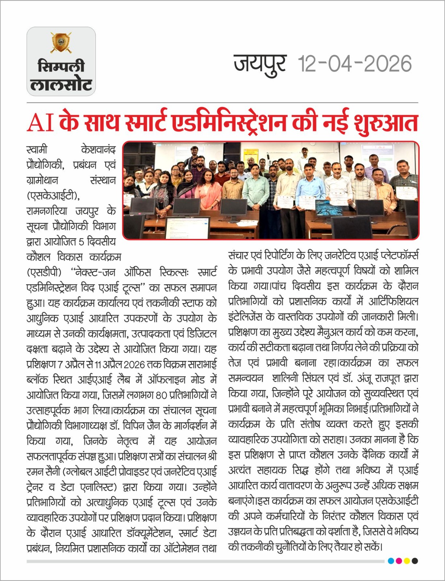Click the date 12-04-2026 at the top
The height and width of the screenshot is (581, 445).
click(x=355, y=64)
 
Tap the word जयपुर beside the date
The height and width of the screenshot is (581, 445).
click(x=260, y=64)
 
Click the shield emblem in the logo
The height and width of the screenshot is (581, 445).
click(x=61, y=42)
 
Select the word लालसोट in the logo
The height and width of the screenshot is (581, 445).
click(x=61, y=85)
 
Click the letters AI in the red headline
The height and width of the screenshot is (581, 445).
click(x=40, y=123)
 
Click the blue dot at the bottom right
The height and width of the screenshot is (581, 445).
click(x=391, y=561)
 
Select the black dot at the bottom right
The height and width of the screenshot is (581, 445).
click(x=415, y=561)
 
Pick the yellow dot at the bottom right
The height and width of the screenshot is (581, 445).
click(x=407, y=561)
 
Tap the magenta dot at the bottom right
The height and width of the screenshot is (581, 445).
click(x=399, y=561)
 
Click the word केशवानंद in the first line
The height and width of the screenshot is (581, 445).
click(x=98, y=150)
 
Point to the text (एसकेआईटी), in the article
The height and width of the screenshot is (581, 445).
click(x=53, y=196)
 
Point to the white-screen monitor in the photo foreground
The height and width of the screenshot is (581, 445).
click(x=187, y=228)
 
